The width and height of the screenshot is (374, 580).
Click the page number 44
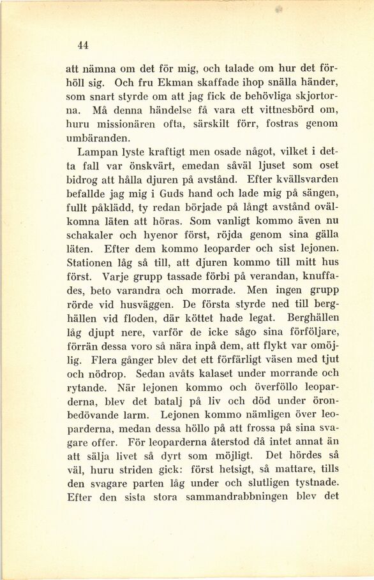point(82,45)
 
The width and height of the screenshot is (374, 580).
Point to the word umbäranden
point(98,138)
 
